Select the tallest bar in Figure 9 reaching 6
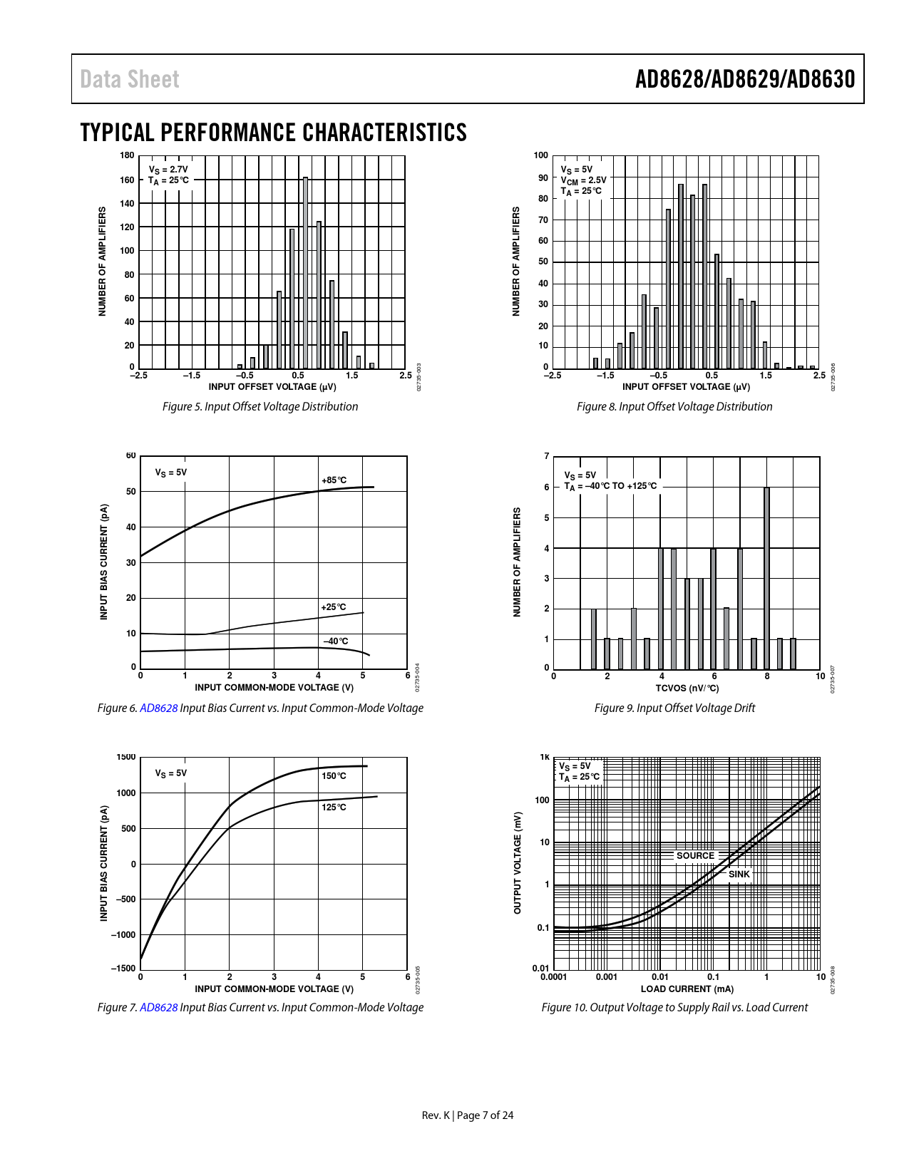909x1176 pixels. pyautogui.click(x=766, y=577)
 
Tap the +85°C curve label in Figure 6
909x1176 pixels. pyautogui.click(x=334, y=480)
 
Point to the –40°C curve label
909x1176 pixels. pyautogui.click(x=336, y=641)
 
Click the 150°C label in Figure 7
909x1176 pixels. pyautogui.click(x=334, y=776)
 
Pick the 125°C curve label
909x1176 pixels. pyautogui.click(x=334, y=808)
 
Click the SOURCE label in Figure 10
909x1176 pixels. pyautogui.click(x=695, y=856)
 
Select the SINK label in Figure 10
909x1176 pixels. pyautogui.click(x=739, y=875)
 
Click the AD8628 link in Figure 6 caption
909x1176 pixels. pyautogui.click(x=158, y=708)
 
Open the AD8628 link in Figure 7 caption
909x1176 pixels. pyautogui.click(x=158, y=1008)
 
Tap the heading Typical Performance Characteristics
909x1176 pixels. pyautogui.click(x=273, y=133)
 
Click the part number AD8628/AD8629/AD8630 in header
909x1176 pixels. pyautogui.click(x=744, y=79)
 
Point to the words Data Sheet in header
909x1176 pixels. pyautogui.click(x=130, y=79)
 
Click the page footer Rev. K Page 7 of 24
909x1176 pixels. pyautogui.click(x=468, y=1115)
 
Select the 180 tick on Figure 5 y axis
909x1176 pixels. pyautogui.click(x=127, y=155)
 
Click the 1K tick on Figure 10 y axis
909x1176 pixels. pyautogui.click(x=545, y=758)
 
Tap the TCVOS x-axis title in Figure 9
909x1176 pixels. pyautogui.click(x=687, y=688)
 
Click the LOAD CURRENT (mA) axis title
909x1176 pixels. pyautogui.click(x=687, y=989)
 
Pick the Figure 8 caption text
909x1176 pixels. pyautogui.click(x=674, y=407)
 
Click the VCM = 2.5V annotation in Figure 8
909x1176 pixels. pyautogui.click(x=583, y=180)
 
